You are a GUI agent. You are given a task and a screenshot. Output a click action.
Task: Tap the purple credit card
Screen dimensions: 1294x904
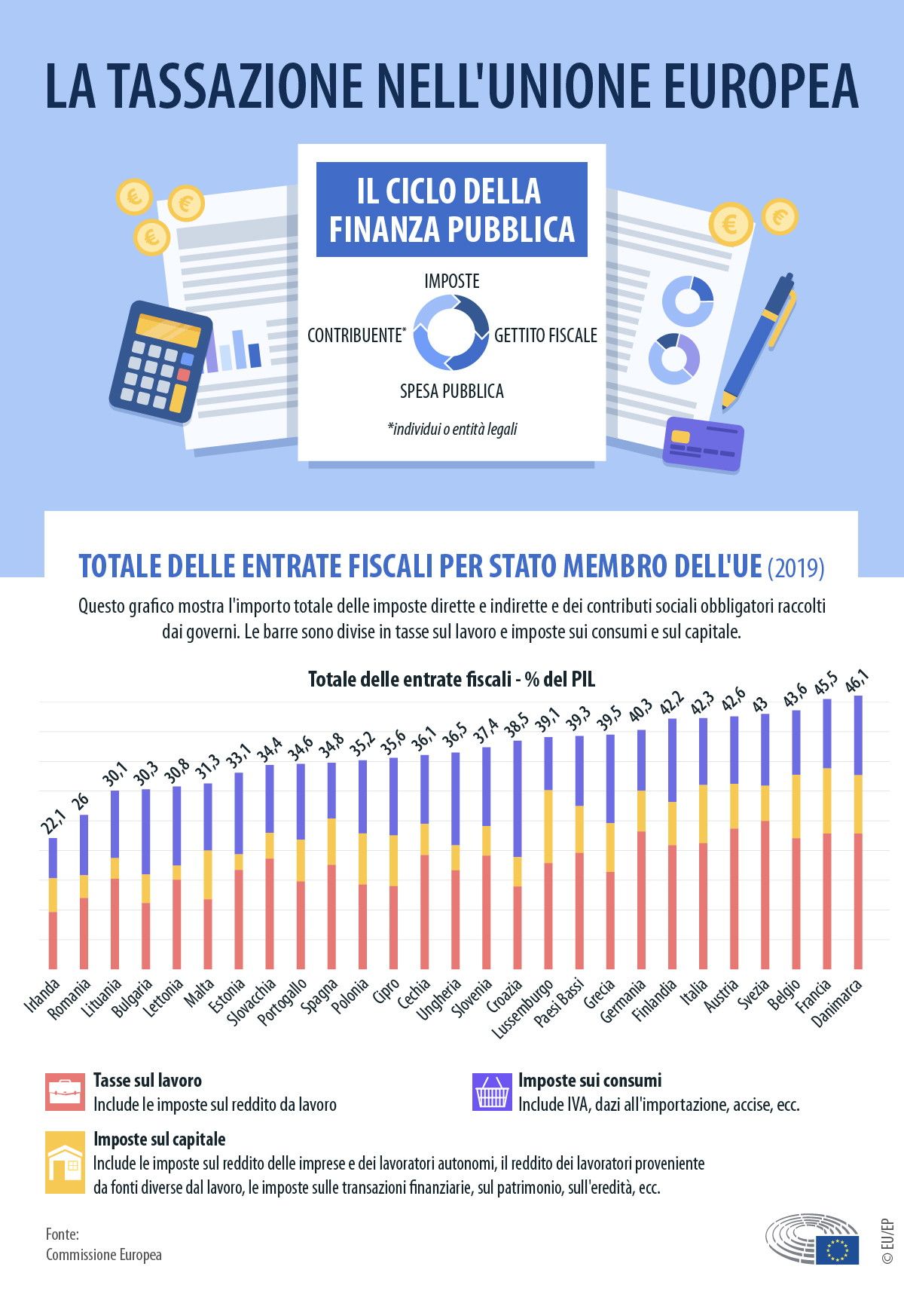click(702, 444)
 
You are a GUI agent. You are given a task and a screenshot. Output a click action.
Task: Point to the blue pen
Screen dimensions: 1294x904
click(758, 338)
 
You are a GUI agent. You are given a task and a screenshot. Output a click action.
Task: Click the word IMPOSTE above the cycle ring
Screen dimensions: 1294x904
click(451, 281)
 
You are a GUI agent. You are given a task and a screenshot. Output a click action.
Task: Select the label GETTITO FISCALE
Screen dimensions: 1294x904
click(545, 335)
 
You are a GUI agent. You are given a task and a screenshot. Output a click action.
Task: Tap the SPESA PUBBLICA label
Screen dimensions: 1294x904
click(451, 391)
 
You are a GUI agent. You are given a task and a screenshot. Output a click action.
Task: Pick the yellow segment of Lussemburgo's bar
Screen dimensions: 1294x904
click(548, 826)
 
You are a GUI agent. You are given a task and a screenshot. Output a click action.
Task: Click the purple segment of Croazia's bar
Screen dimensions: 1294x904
click(518, 799)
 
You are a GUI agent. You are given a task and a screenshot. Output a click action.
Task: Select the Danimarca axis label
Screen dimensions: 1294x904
click(836, 1003)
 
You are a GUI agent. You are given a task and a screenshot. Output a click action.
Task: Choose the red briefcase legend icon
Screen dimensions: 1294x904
click(65, 1092)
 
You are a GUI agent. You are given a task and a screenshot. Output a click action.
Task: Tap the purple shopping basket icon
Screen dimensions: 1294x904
click(491, 1092)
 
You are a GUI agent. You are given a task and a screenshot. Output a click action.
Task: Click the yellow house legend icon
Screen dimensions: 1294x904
click(65, 1162)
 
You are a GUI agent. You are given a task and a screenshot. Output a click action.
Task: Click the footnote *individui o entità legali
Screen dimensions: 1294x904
click(452, 430)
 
